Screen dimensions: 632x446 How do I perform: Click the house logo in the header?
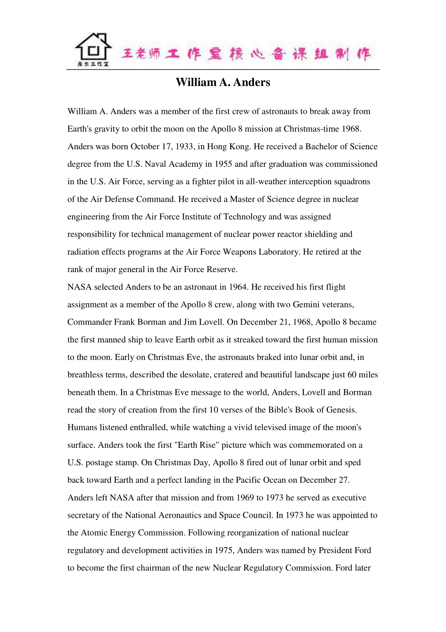93,50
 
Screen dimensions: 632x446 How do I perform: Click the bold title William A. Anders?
223,82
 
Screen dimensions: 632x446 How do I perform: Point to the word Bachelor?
321,147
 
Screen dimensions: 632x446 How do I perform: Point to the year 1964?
238,287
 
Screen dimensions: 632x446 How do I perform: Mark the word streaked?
256,340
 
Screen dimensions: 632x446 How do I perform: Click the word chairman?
153,568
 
